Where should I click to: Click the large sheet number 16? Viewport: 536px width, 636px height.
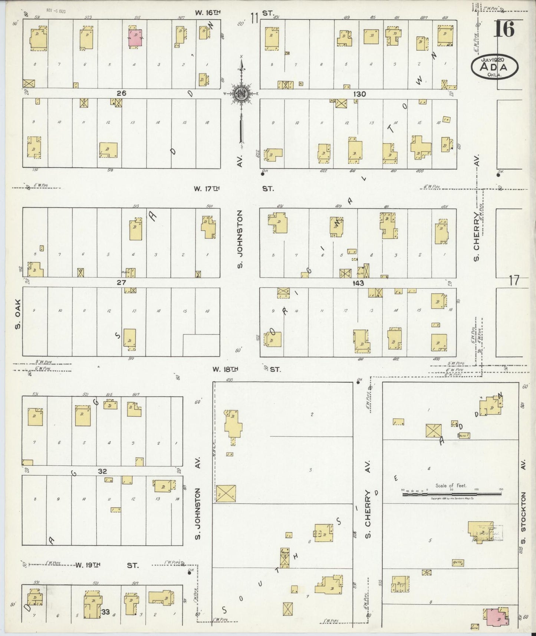click(x=504, y=29)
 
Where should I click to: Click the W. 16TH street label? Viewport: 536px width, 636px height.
click(x=208, y=13)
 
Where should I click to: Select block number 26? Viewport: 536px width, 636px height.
click(x=121, y=94)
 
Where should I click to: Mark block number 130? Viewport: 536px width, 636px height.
click(x=359, y=94)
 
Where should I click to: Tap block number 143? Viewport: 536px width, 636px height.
click(x=358, y=283)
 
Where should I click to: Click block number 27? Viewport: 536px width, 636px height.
click(x=121, y=282)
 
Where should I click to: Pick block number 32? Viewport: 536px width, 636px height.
click(x=102, y=471)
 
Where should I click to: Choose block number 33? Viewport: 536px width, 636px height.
click(x=106, y=612)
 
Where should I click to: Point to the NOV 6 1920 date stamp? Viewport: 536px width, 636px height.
click(x=56, y=11)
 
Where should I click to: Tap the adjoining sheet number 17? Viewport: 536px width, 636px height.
click(x=514, y=281)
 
